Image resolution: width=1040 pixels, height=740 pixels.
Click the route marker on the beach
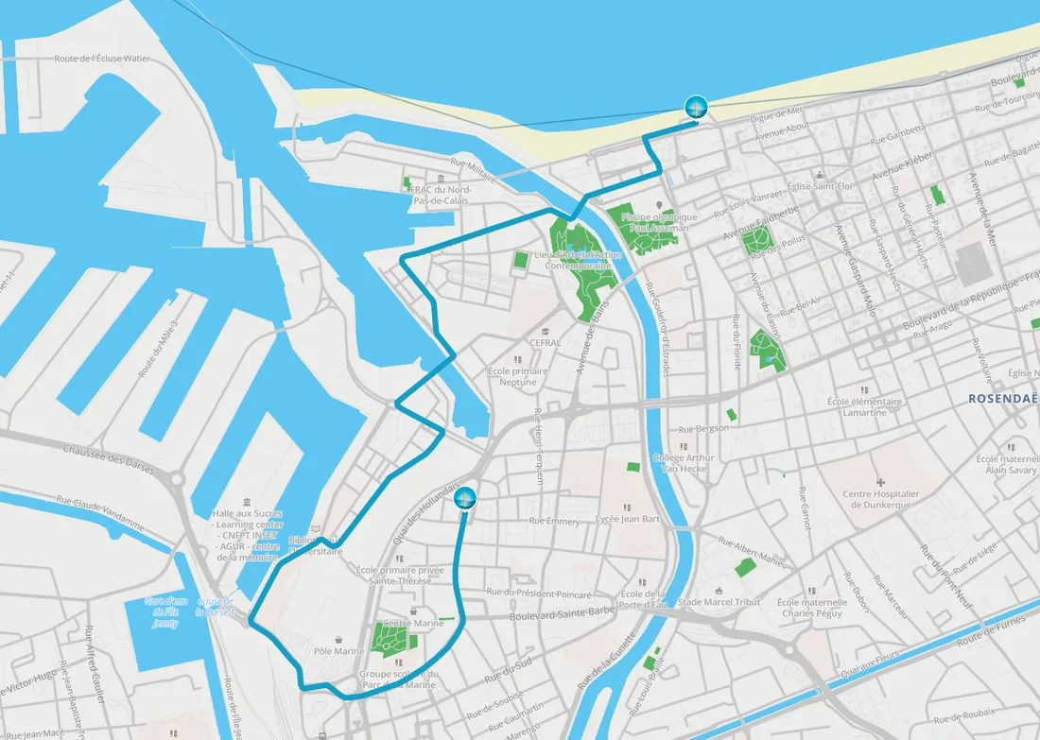[696, 107]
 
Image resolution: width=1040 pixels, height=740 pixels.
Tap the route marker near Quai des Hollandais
[464, 498]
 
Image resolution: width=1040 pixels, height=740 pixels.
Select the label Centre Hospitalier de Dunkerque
[880, 499]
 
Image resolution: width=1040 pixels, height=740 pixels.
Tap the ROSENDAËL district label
[1003, 399]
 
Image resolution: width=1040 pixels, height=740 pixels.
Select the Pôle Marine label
[338, 651]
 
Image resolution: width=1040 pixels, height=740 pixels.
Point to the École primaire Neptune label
[517, 377]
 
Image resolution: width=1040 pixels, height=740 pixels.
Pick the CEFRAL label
[546, 343]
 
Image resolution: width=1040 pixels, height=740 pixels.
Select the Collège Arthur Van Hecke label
[684, 462]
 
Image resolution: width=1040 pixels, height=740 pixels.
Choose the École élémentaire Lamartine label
[864, 406]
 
